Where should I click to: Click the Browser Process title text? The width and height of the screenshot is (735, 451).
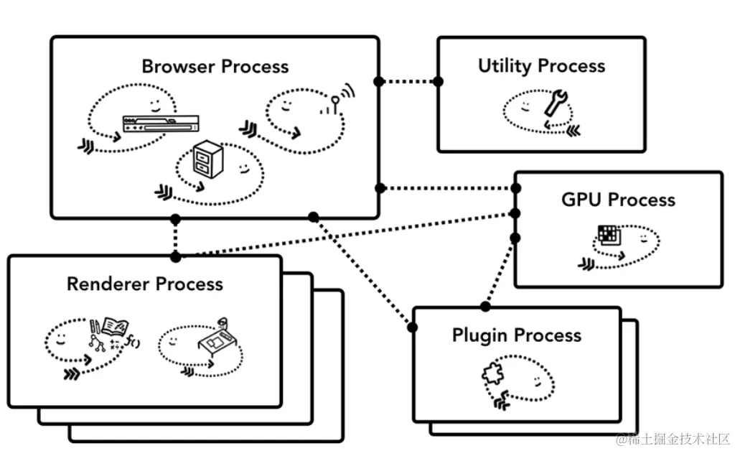click(215, 67)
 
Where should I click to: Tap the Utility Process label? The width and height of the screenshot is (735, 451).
click(541, 65)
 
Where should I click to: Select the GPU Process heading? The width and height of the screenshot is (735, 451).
click(618, 200)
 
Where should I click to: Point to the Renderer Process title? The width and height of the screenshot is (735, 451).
click(145, 284)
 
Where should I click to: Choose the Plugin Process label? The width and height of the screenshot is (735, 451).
click(517, 335)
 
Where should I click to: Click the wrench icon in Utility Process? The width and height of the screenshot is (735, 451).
click(556, 103)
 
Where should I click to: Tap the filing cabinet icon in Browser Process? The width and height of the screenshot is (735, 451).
click(207, 159)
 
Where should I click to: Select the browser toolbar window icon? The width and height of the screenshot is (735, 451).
click(160, 124)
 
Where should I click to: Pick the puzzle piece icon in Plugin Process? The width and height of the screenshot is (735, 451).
click(493, 374)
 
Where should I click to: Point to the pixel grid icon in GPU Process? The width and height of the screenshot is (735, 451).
click(609, 235)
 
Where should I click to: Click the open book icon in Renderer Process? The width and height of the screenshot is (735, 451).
click(115, 326)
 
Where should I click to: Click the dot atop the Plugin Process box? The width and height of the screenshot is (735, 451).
click(486, 307)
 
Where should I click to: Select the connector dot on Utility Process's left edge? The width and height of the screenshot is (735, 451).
click(438, 82)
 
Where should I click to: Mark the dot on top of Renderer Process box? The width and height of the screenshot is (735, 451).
click(176, 256)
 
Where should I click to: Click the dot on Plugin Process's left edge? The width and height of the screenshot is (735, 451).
click(413, 327)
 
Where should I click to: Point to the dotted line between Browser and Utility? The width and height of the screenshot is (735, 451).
click(408, 82)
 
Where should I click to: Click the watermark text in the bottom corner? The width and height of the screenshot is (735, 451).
click(673, 439)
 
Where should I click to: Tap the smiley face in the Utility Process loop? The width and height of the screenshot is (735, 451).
click(525, 106)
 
